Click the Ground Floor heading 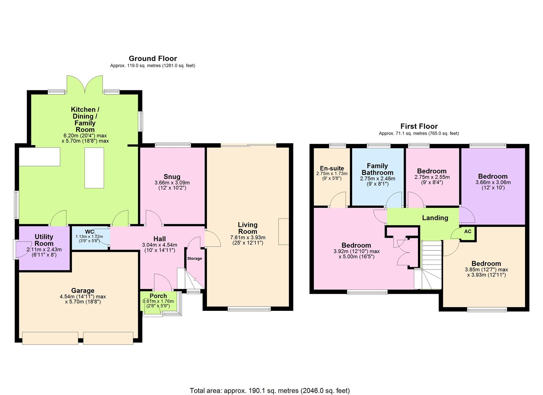pyautogui.click(x=152, y=59)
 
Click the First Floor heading pyautogui.click(x=419, y=127)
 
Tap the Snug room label pyautogui.click(x=172, y=177)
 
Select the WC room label pyautogui.click(x=89, y=232)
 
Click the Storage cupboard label pyautogui.click(x=195, y=259)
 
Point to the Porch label pyautogui.click(x=158, y=296)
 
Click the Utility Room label pyautogui.click(x=44, y=240)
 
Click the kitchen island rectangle pyautogui.click(x=94, y=168)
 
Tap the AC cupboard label pyautogui.click(x=468, y=232)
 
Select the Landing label pyautogui.click(x=435, y=218)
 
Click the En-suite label pyautogui.click(x=332, y=169)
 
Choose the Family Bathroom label pyautogui.click(x=377, y=169)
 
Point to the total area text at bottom pyautogui.click(x=269, y=391)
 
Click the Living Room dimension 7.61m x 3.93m pyautogui.click(x=248, y=237)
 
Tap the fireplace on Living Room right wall pyautogui.click(x=283, y=232)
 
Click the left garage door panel pyautogui.click(x=50, y=338)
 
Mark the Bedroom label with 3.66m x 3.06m pyautogui.click(x=493, y=176)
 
